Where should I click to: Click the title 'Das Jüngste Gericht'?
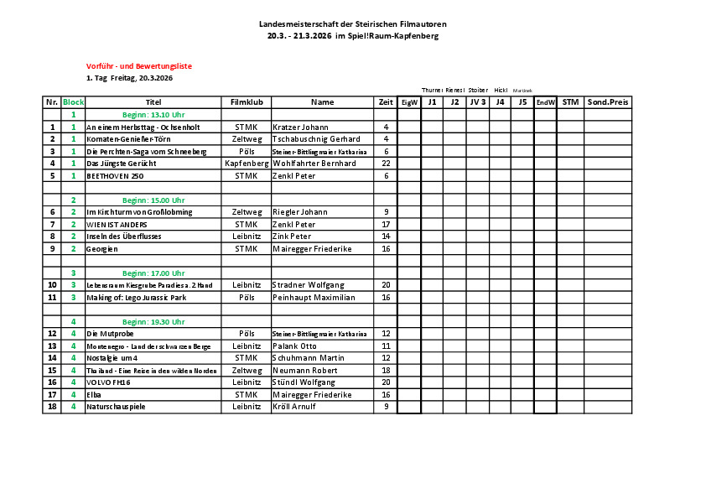pos(122,164)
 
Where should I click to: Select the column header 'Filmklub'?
pos(247,102)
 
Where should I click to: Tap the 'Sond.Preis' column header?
pos(608,102)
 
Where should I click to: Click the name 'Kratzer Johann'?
pos(301,127)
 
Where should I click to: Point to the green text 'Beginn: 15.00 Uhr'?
pos(153,200)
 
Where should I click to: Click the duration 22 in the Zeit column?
pos(386,164)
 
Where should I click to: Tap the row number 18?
pos(52,407)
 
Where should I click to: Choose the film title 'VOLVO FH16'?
pos(110,382)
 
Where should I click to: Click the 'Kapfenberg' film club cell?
pos(247,164)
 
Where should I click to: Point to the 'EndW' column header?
pos(545,102)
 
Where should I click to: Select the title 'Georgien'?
pos(103,249)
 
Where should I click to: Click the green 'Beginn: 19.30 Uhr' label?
pos(153,322)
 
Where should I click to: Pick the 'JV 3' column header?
pos(477,102)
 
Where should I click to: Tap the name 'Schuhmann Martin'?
pos(309,358)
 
